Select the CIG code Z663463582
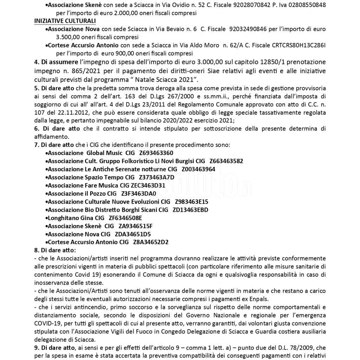(226, 161)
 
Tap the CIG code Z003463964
(198, 169)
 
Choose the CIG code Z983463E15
(192, 202)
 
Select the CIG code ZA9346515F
(135, 226)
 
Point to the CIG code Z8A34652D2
(151, 242)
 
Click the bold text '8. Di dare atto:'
(55, 250)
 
